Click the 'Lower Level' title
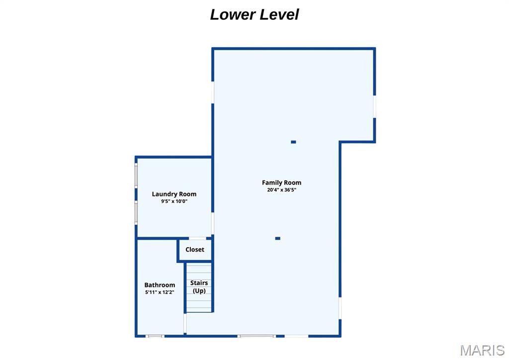254,14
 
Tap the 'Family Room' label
281,182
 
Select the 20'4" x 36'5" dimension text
281,189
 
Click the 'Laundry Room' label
174,194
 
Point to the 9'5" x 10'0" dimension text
174,201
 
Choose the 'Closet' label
195,250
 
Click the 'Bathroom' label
160,285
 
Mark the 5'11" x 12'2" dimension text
160,292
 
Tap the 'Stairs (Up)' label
199,286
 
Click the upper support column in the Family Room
293,142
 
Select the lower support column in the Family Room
278,238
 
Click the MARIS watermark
482,350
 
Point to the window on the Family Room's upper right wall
374,106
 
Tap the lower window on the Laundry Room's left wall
136,212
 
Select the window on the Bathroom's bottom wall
155,336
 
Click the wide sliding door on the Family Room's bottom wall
256,336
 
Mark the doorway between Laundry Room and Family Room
212,224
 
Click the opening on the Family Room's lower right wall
340,308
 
